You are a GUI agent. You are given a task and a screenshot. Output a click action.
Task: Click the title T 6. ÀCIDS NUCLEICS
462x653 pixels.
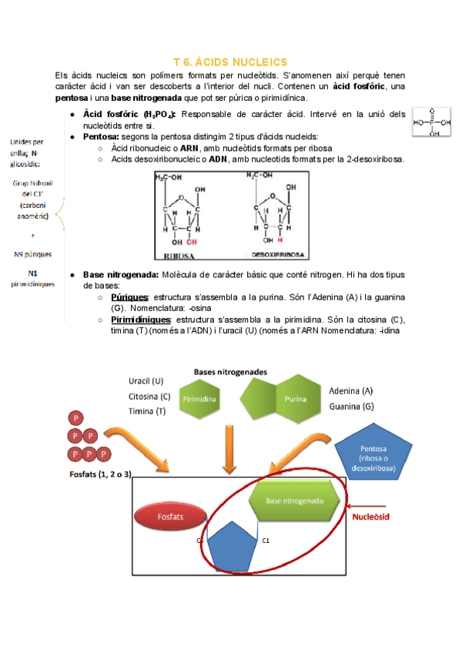tap(230, 62)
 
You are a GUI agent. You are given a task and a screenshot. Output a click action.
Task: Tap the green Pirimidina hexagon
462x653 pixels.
tap(199, 400)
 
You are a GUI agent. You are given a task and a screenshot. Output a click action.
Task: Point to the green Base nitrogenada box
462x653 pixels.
tap(296, 501)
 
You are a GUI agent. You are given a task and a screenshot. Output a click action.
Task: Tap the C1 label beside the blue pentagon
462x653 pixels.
tap(266, 541)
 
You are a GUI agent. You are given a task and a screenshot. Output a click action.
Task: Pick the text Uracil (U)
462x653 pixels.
tap(146, 381)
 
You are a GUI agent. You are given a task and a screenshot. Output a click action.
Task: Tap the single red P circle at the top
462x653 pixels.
tap(76, 418)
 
